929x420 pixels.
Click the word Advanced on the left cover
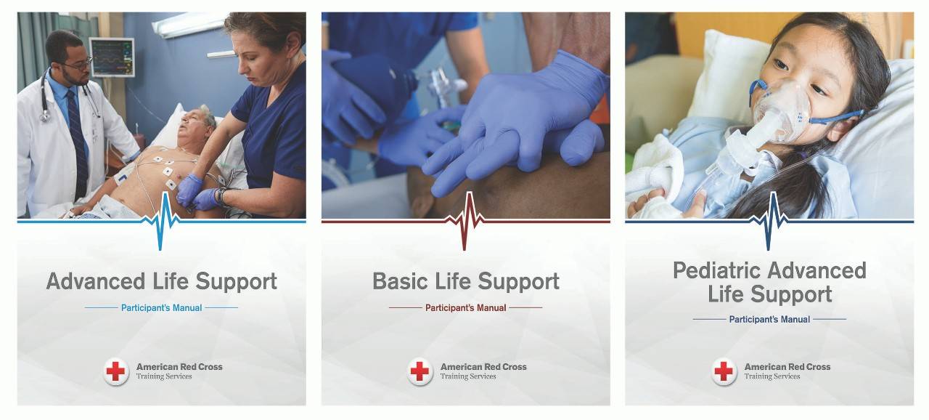click(x=96, y=281)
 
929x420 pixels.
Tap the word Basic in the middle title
click(x=400, y=281)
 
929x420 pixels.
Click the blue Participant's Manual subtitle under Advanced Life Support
click(x=161, y=308)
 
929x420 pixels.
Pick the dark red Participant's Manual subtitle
click(x=466, y=308)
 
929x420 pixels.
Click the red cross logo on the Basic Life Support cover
click(x=420, y=371)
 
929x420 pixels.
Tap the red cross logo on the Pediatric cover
click(x=724, y=371)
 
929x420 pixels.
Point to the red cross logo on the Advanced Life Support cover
click(x=115, y=371)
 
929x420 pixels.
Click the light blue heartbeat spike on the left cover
click(x=161, y=222)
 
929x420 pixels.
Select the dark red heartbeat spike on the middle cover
click(x=465, y=222)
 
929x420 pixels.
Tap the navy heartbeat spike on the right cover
click(x=769, y=222)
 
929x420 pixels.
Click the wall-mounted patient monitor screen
click(x=112, y=57)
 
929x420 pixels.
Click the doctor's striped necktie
click(x=78, y=141)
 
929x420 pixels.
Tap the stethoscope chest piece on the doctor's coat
click(x=44, y=118)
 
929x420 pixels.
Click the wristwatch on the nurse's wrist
click(x=221, y=196)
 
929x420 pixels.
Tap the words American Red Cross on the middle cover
click(x=483, y=367)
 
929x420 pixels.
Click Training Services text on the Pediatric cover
click(x=772, y=376)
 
